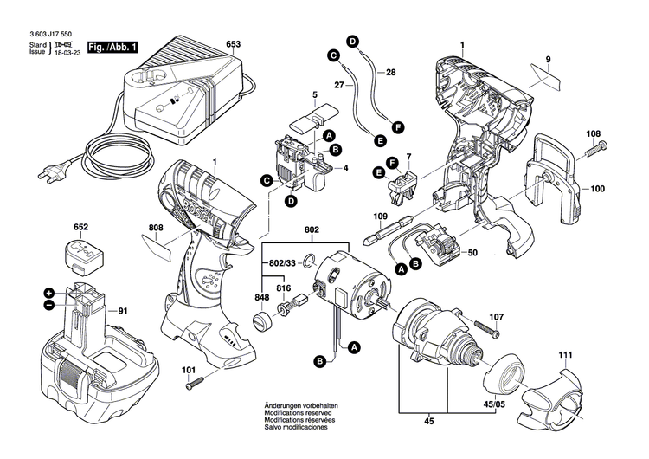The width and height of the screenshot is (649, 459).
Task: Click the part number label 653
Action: [233, 43]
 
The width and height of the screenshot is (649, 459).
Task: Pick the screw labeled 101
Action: [193, 378]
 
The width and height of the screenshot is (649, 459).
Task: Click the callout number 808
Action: [156, 229]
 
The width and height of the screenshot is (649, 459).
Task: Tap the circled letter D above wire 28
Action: [352, 41]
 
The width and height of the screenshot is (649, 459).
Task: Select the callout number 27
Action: [339, 84]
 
